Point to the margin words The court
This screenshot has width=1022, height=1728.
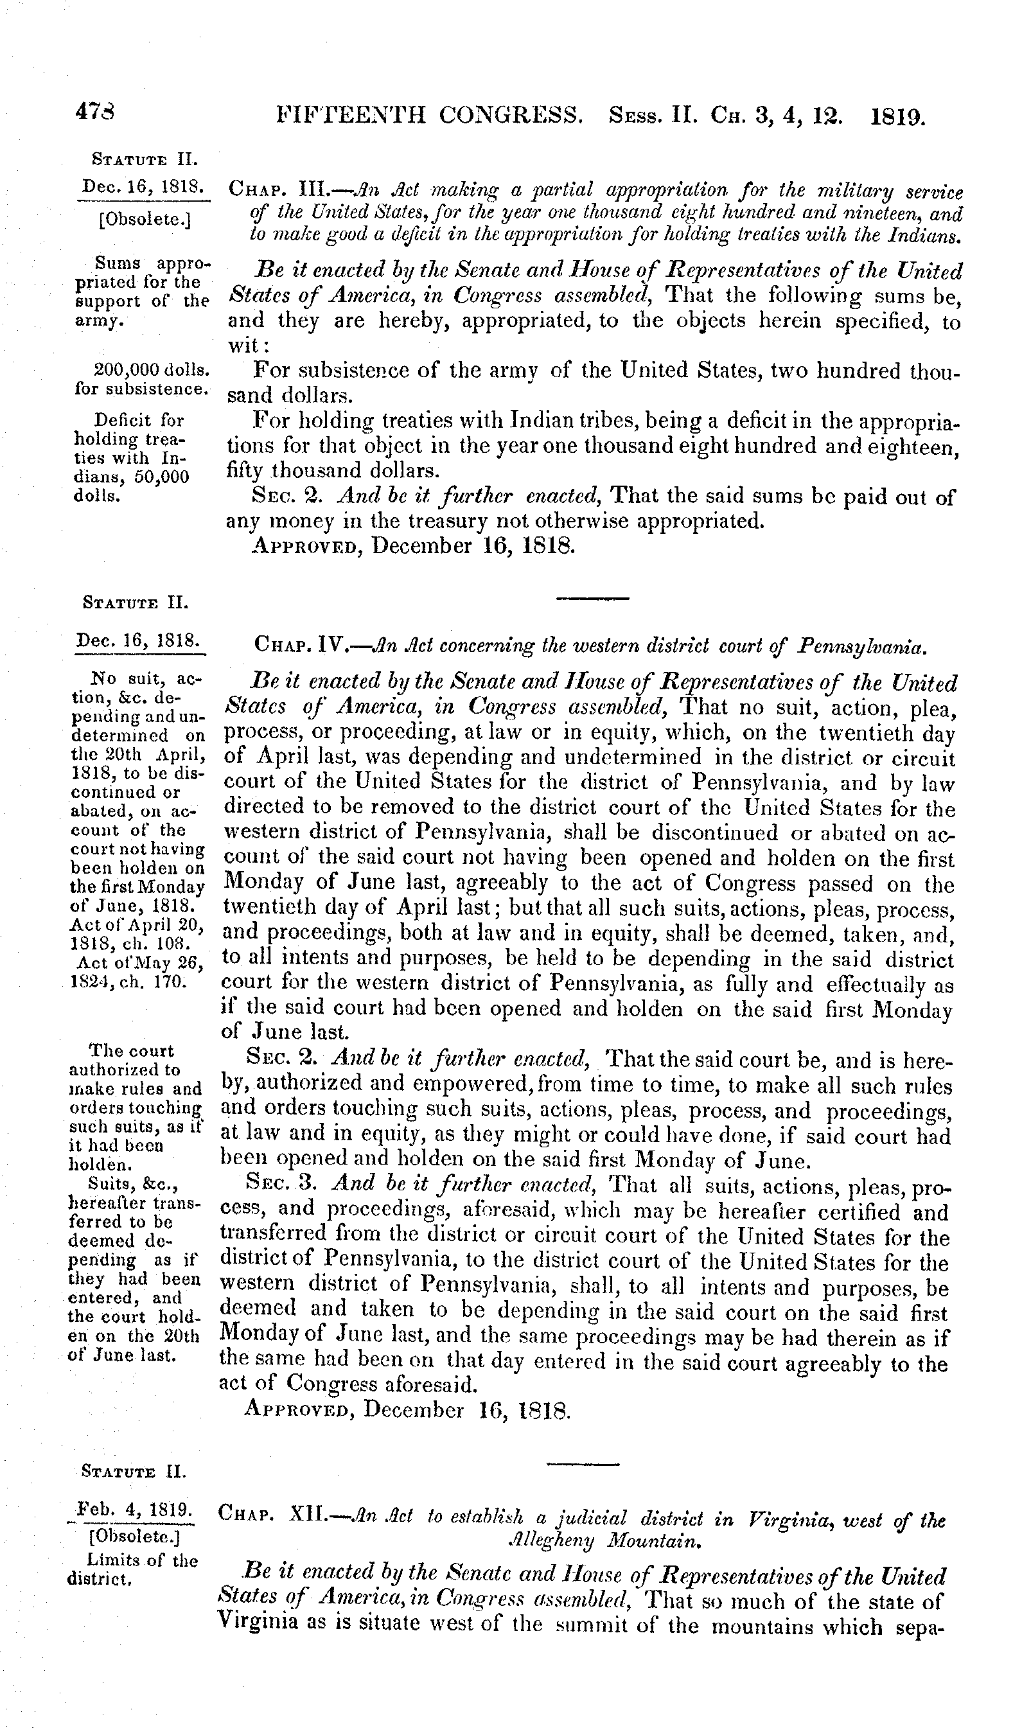(132, 1051)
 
